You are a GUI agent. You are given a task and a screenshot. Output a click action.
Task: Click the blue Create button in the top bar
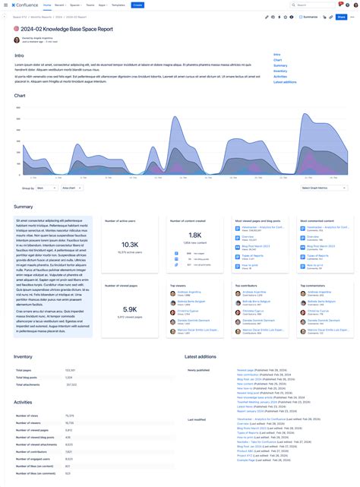pyautogui.click(x=137, y=5)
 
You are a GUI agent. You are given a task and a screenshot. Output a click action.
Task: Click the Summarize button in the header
pyautogui.click(x=308, y=16)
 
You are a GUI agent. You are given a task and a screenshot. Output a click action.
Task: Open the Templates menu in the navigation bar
pyautogui.click(x=118, y=5)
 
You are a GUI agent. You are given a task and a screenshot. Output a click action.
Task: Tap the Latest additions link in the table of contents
pyautogui.click(x=285, y=82)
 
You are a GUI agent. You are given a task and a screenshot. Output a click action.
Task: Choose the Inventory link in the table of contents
pyautogui.click(x=280, y=71)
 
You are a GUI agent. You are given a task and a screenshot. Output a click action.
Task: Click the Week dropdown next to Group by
pyautogui.click(x=46, y=187)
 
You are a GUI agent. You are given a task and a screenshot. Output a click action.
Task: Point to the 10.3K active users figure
pyautogui.click(x=129, y=245)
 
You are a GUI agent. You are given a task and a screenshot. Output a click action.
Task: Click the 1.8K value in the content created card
pyautogui.click(x=194, y=236)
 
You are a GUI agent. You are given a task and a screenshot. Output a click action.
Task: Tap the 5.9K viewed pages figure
pyautogui.click(x=129, y=309)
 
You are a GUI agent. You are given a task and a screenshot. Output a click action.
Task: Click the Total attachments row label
pyautogui.click(x=28, y=384)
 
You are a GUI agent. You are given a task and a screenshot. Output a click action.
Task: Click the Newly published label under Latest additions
pyautogui.click(x=198, y=370)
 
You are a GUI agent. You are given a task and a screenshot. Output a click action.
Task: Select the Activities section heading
pyautogui.click(x=23, y=402)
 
